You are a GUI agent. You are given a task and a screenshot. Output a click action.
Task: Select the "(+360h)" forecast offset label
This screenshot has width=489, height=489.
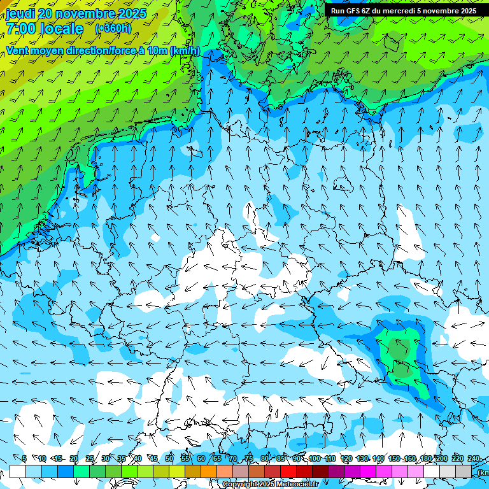tap(113, 29)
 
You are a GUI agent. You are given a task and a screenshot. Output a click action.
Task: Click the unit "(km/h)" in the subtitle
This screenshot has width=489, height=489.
tap(185, 51)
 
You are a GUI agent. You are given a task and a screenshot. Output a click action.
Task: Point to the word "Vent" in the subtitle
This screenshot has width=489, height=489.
tap(19, 51)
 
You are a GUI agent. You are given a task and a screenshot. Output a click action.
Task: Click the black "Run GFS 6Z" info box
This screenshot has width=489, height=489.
tap(404, 10)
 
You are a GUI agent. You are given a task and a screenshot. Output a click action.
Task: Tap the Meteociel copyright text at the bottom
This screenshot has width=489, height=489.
tap(270, 484)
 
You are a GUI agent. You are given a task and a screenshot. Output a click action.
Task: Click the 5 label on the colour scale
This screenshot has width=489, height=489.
tap(24, 458)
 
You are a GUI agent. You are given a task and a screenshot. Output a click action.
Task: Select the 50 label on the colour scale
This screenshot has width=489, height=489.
tap(169, 458)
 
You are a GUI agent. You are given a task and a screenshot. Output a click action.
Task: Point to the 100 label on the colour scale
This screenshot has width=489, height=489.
tap(315, 458)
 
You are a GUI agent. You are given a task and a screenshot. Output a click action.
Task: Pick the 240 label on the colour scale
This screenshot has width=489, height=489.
tap(474, 458)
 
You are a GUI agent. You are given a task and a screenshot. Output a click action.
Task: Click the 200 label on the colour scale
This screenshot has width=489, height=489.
tap(442, 458)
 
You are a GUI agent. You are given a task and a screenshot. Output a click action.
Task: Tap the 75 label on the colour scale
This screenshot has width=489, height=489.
tap(249, 458)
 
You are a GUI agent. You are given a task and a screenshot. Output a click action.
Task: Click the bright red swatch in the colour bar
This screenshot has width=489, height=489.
tap(288, 471)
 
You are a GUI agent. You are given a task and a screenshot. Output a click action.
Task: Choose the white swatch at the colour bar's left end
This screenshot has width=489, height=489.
tap(18, 471)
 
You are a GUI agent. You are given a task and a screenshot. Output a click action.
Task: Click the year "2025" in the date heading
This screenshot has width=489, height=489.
tap(131, 13)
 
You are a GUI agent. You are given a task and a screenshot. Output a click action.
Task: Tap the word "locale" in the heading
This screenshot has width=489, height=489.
tap(62, 29)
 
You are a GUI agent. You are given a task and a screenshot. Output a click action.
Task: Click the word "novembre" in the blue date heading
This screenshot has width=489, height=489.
tap(86, 13)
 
